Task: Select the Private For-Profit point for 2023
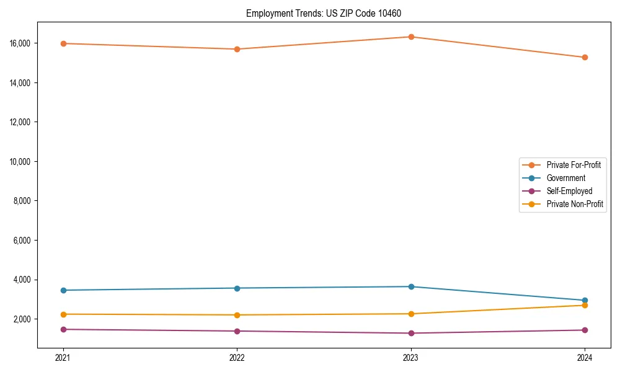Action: pos(411,37)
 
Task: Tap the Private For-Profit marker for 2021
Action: pos(63,43)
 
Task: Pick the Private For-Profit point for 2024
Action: pos(585,58)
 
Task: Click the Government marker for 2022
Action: pos(237,288)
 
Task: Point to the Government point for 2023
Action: pos(411,286)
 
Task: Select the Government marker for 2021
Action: pos(63,290)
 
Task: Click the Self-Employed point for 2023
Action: pos(411,334)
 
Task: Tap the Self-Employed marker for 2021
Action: pos(63,329)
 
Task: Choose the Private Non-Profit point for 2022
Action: pos(237,315)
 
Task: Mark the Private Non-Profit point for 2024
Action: pos(585,305)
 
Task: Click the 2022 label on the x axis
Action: pos(237,357)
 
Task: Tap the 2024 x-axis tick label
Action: pos(585,357)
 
